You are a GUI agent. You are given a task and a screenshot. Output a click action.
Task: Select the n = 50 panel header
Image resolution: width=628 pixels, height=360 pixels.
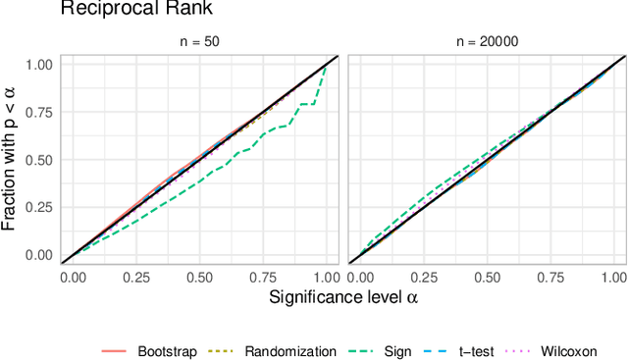coord(199,42)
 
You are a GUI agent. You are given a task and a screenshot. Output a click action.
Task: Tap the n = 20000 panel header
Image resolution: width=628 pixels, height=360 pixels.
coord(488,42)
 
